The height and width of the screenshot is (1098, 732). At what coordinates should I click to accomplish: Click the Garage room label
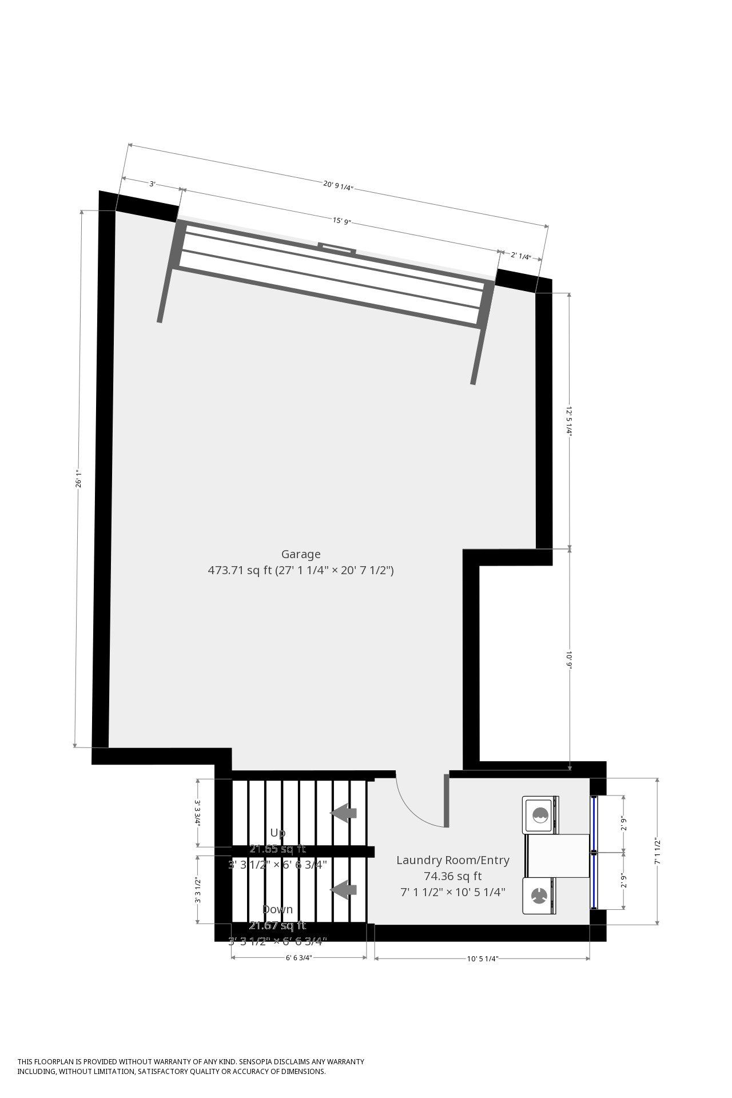coord(301,554)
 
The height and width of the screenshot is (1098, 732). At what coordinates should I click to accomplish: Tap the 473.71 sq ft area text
coord(240,570)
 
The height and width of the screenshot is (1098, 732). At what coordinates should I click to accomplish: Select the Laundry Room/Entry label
coord(452,860)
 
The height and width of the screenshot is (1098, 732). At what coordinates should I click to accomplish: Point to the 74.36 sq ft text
coord(452,876)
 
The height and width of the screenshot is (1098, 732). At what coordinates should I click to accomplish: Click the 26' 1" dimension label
coord(79,479)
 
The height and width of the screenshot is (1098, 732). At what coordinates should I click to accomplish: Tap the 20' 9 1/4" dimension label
coord(338,185)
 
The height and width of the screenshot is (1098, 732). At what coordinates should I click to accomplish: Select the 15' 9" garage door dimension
coord(341,221)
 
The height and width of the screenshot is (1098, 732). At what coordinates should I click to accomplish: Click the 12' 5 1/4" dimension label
coord(569,420)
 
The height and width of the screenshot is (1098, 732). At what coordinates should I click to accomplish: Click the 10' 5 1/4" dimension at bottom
coord(482,959)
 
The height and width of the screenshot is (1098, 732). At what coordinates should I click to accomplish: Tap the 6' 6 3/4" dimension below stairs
coord(299,959)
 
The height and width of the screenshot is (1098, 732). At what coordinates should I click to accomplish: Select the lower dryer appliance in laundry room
coord(539,896)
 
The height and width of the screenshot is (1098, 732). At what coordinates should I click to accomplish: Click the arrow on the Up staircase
coord(344,813)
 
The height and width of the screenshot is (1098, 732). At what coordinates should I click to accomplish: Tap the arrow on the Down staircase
coord(344,890)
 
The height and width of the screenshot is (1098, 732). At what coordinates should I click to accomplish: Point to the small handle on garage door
coord(337,248)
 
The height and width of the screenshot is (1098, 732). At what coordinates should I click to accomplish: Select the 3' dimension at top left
coord(152,184)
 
